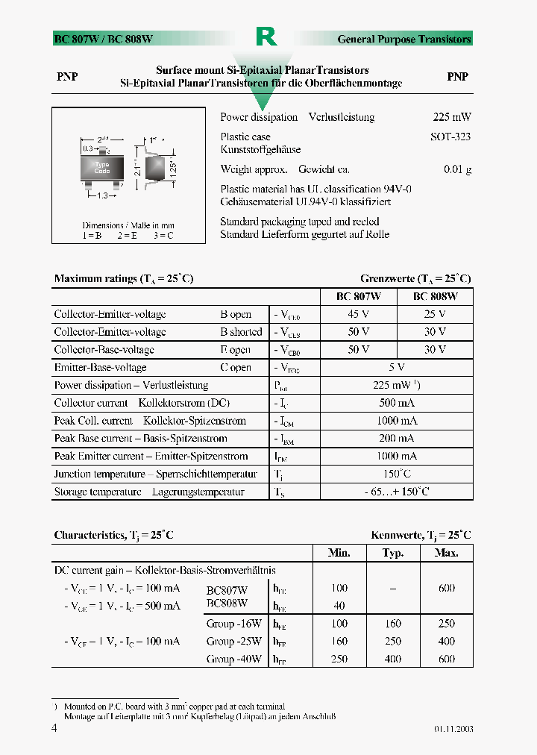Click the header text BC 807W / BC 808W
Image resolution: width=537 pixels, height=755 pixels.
(104, 39)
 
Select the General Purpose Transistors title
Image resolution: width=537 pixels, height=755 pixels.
(404, 39)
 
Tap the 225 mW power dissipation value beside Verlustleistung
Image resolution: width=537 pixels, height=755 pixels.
(452, 117)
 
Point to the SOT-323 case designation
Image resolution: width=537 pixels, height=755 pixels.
(450, 137)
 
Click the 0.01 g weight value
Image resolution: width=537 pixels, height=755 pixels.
(457, 169)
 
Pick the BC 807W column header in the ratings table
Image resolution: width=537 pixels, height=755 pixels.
(359, 296)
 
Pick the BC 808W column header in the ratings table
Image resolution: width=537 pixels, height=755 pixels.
(436, 296)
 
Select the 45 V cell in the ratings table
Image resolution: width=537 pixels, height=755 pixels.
(359, 314)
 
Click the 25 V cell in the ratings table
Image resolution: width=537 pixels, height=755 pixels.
(436, 314)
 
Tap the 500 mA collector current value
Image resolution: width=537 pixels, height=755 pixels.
(397, 403)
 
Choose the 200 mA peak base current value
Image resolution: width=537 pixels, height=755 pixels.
(397, 439)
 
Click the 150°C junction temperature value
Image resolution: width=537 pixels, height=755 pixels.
(397, 474)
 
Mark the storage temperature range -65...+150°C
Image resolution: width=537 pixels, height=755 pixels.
(397, 492)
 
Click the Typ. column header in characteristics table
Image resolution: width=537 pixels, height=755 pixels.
(393, 553)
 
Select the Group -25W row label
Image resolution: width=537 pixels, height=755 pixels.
(234, 641)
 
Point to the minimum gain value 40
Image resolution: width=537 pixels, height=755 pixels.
(339, 606)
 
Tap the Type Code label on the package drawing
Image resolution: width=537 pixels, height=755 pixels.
(102, 167)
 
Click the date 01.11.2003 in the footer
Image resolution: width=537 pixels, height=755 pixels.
(453, 729)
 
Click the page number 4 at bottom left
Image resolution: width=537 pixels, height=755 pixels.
(54, 728)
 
